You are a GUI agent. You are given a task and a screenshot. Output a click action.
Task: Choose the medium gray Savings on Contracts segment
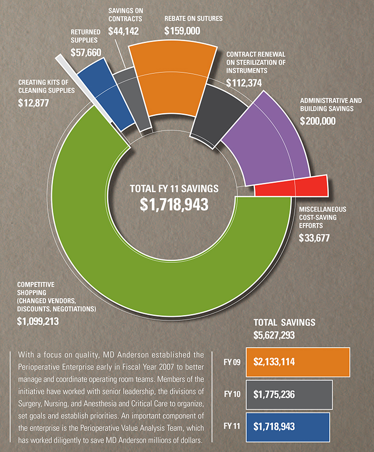[x=136, y=97]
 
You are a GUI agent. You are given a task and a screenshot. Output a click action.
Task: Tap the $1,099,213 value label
[x=38, y=321]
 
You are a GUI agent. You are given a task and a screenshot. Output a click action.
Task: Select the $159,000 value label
[x=182, y=31]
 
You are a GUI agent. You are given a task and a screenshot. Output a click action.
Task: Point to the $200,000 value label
[x=318, y=121]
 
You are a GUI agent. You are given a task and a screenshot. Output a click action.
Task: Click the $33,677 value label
[x=314, y=238]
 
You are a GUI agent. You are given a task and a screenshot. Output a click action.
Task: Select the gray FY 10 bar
[x=289, y=395]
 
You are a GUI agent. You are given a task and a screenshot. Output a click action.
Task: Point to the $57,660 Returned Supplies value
[x=83, y=52]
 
